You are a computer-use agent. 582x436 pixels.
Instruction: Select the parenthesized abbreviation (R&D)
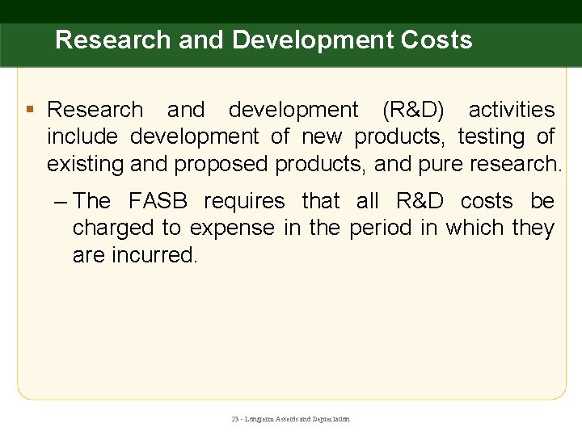tap(406, 110)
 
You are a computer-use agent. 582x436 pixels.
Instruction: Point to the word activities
tap(512, 110)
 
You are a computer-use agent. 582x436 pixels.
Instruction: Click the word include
tap(82, 137)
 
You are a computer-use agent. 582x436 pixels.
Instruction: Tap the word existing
tap(85, 164)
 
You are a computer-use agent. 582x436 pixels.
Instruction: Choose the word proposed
tap(221, 165)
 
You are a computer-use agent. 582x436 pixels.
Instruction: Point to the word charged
tap(113, 228)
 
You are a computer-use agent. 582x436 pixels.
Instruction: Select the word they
tap(533, 228)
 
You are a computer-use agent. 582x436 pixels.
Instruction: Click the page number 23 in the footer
tap(235, 419)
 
